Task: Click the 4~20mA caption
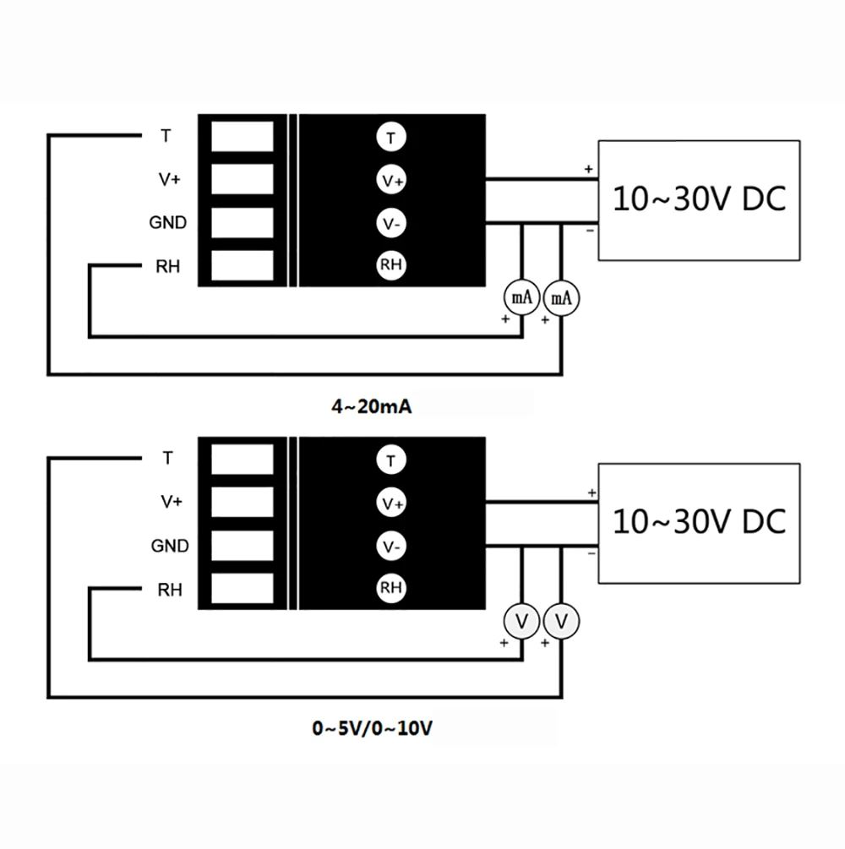[372, 406]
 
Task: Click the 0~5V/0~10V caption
[372, 728]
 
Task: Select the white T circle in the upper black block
[391, 138]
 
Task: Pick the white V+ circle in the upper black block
[391, 180]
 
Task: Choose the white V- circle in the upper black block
[391, 223]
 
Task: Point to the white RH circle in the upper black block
[391, 265]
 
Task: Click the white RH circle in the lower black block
[391, 588]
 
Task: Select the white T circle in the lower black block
[391, 460]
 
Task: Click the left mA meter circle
[521, 297]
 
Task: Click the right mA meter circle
[561, 298]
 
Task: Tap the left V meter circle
[521, 621]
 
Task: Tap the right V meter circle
[561, 621]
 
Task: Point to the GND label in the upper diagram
[168, 222]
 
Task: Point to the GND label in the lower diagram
[170, 546]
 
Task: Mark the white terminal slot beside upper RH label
[243, 265]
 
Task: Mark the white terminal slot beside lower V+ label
[243, 502]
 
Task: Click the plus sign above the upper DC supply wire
[589, 169]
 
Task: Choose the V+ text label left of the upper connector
[170, 179]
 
